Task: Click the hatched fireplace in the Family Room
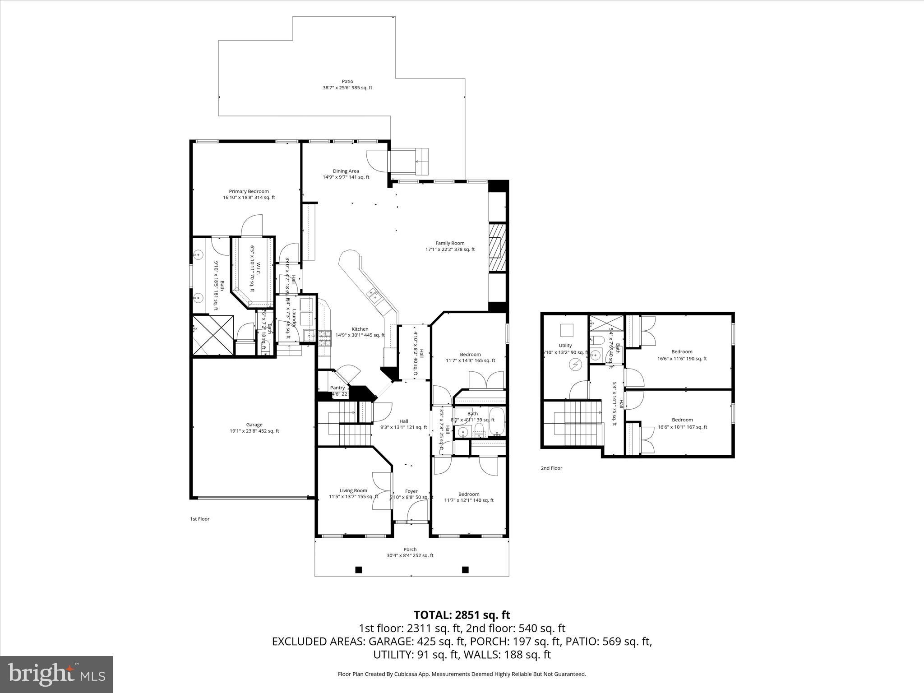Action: pyautogui.click(x=497, y=247)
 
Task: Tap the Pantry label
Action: pyautogui.click(x=337, y=388)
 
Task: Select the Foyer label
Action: pyautogui.click(x=411, y=491)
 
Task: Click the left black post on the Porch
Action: pyautogui.click(x=359, y=569)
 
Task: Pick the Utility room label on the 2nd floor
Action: pyautogui.click(x=565, y=346)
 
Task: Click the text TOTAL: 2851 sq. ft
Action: pyautogui.click(x=462, y=615)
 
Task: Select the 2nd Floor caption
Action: pyautogui.click(x=551, y=468)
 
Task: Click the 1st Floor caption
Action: pyautogui.click(x=199, y=519)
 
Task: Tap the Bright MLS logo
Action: pyautogui.click(x=56, y=674)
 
